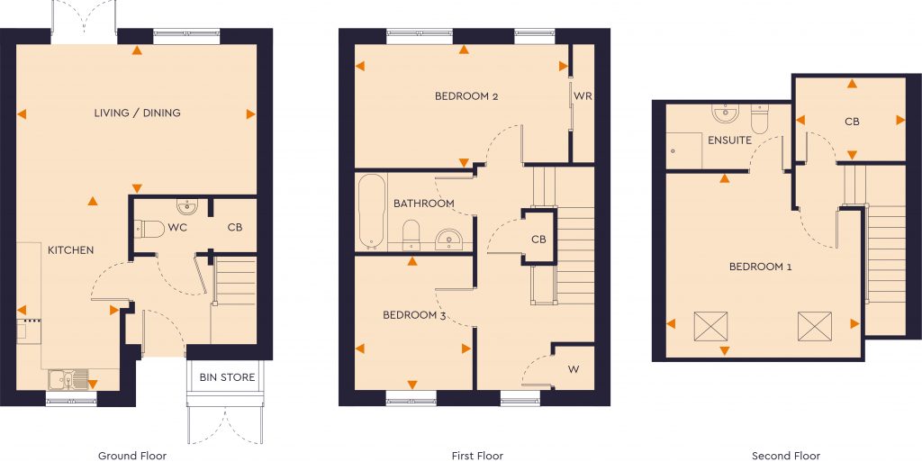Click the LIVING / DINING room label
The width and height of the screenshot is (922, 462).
point(137,113)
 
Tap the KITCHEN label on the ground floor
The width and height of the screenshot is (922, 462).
point(70,250)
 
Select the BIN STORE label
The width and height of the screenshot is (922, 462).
point(227,377)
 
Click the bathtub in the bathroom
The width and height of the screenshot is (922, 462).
point(370,213)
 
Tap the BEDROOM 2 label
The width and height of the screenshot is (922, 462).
point(466,96)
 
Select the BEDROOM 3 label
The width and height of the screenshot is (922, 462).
point(415,315)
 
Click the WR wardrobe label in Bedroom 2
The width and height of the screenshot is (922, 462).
point(583,96)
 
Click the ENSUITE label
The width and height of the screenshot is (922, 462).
point(729,141)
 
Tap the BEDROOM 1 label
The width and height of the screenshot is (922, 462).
point(761,267)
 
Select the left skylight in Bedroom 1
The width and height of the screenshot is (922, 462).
point(710,325)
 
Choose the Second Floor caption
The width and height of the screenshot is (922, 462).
point(786,457)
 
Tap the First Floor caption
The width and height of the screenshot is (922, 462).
point(477,457)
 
